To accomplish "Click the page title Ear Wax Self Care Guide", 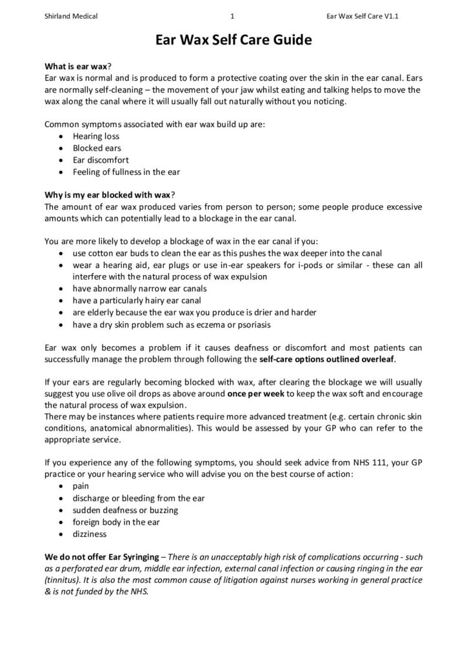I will (234, 41).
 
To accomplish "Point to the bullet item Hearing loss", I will (96, 137).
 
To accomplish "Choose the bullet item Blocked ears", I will (97, 148).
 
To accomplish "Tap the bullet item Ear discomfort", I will (101, 160).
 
